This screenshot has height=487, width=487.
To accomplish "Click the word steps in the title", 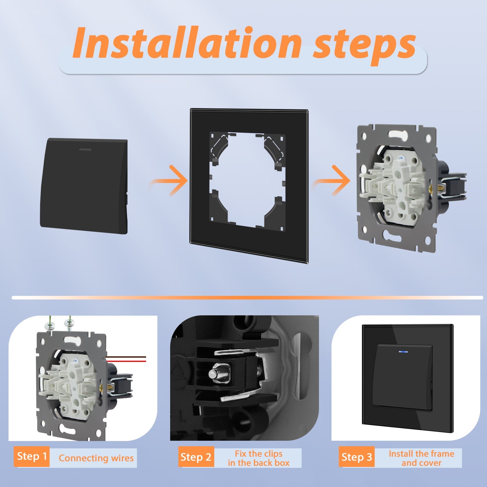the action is pyautogui.click(x=365, y=46).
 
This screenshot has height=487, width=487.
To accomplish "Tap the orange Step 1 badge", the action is pyautogui.click(x=32, y=457).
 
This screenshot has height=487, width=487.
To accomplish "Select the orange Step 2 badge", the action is pyautogui.click(x=196, y=457).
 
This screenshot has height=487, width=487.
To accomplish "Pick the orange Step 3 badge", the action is pyautogui.click(x=357, y=457).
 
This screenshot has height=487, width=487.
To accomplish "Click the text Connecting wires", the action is pyautogui.click(x=96, y=458).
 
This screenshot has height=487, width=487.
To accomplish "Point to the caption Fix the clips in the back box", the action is pyautogui.click(x=258, y=458).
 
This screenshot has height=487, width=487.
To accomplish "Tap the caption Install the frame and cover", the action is pyautogui.click(x=422, y=458).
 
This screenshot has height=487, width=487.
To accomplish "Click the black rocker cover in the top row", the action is pyautogui.click(x=84, y=186).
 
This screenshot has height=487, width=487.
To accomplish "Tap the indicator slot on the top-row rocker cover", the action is pyautogui.click(x=87, y=149).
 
